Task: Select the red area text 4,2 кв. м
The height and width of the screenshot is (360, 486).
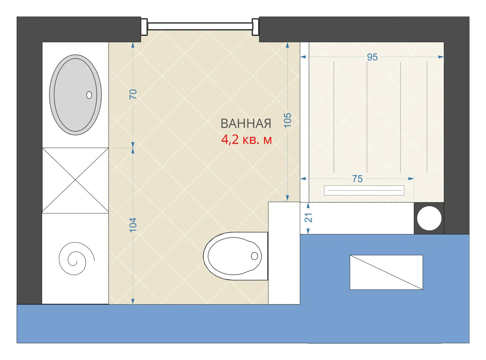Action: tap(246, 140)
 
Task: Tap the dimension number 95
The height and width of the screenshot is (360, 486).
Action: tap(372, 57)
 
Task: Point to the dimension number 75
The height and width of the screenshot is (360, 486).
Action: tap(357, 179)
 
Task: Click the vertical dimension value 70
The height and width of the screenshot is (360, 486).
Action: tap(133, 94)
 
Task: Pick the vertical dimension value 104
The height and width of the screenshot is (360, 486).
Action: tap(133, 225)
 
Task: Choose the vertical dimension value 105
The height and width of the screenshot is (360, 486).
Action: tap(287, 120)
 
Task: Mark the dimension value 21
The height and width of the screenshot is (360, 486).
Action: tap(308, 218)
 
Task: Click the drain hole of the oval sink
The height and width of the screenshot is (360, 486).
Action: tap(89, 95)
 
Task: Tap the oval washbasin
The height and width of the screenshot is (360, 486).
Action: tap(76, 95)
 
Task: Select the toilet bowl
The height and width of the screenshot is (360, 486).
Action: tap(236, 256)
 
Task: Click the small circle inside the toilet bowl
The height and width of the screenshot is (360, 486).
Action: tap(254, 256)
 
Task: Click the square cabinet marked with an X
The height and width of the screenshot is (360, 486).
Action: tap(76, 180)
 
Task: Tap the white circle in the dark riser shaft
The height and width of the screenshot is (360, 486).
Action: tap(429, 218)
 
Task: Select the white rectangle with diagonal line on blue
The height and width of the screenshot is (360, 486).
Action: tap(386, 272)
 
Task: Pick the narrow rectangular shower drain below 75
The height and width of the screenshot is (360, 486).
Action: tap(364, 190)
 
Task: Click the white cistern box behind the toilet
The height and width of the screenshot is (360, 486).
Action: tap(284, 253)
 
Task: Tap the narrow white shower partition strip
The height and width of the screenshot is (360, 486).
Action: tap(304, 122)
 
